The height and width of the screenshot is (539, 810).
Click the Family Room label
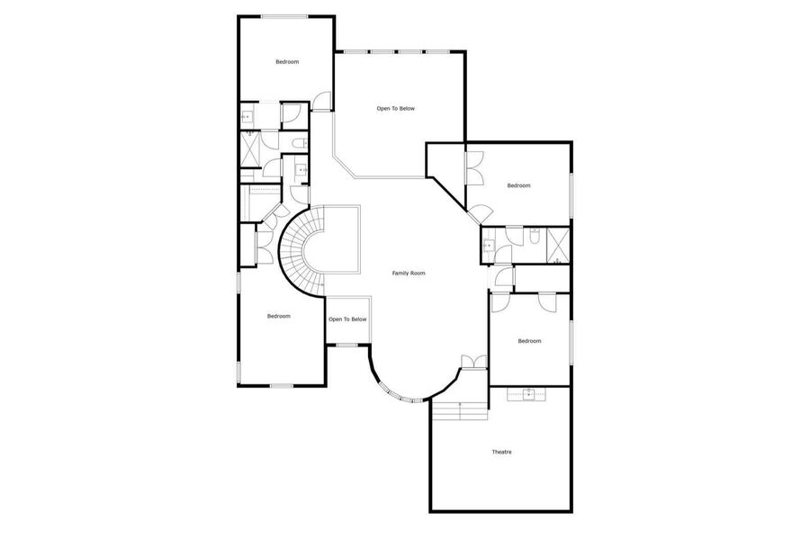(x=409, y=274)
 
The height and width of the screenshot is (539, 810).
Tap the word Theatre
(x=501, y=453)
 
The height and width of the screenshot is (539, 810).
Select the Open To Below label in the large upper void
(x=396, y=109)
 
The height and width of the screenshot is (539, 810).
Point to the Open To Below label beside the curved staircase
(x=347, y=319)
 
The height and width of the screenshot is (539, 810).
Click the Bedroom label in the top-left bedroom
(x=287, y=62)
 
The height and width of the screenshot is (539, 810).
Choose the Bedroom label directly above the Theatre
(x=529, y=341)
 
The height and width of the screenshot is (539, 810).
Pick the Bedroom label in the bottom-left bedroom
(x=279, y=317)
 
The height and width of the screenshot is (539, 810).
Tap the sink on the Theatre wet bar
(x=528, y=394)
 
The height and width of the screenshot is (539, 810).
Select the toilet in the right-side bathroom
(x=535, y=235)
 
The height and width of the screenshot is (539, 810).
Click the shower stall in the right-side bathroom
(x=558, y=246)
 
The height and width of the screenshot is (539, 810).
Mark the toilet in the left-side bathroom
(x=300, y=143)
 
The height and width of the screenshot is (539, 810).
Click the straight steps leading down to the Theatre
(x=460, y=410)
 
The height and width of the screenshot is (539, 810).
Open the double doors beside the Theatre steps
(x=473, y=362)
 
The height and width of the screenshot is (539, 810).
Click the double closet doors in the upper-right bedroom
(x=474, y=167)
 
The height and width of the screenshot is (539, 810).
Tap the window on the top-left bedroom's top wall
(x=284, y=16)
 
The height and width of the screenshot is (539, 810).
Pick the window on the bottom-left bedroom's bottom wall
(x=282, y=386)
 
